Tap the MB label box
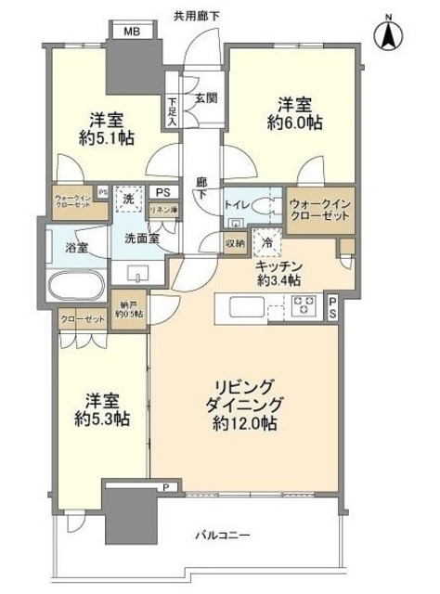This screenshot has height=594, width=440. coord(132,31)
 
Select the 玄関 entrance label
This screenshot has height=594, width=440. coord(205,97)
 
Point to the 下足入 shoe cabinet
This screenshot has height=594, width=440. coord(173,112)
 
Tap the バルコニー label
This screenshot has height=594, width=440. coord(221,535)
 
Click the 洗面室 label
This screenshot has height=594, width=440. coord(143,238)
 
